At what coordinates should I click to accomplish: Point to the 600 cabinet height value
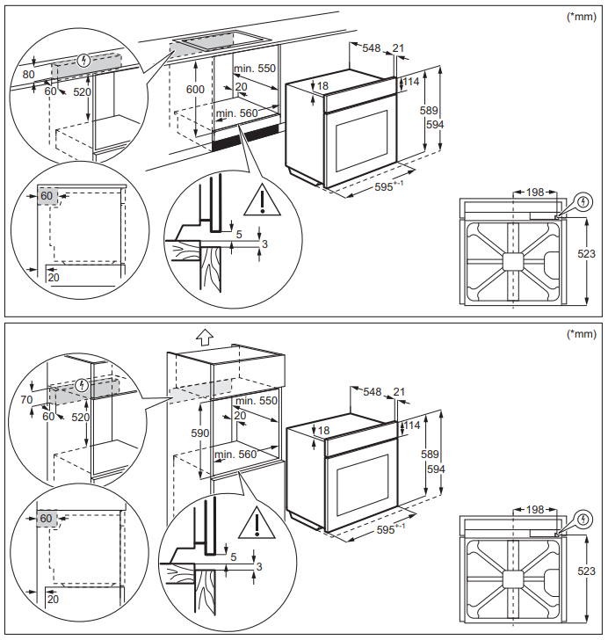tap(195, 89)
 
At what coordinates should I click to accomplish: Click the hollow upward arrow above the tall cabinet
tap(204, 337)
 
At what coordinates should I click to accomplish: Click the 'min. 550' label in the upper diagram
tap(254, 68)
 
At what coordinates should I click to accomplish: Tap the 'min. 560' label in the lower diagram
tap(235, 455)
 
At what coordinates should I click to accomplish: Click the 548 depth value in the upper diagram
tap(373, 48)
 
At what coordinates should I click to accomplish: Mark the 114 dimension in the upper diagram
tap(410, 82)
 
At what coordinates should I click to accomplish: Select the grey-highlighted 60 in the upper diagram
tap(47, 195)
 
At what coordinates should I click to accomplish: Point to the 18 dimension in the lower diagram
tap(322, 431)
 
